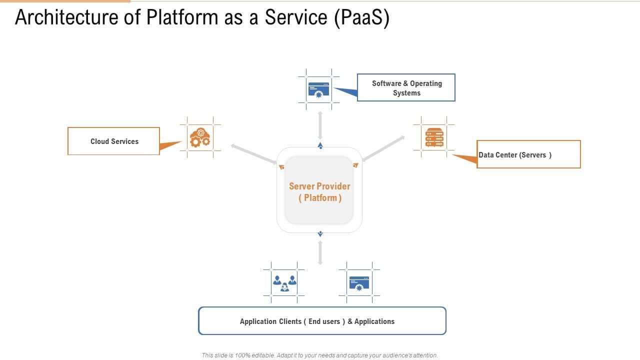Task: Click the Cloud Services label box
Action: (113, 141)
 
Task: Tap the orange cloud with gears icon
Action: (200, 137)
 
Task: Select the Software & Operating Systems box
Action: (406, 87)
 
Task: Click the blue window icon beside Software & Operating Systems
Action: (319, 89)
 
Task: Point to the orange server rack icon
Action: (434, 137)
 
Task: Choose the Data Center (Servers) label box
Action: (528, 154)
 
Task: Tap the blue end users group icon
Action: (284, 282)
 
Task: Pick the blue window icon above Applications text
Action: (359, 282)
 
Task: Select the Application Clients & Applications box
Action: (322, 321)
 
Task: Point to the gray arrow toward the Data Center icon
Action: (383, 148)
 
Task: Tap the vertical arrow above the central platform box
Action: (320, 125)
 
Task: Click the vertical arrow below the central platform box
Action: (320, 252)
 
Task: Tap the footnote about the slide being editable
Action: (320, 355)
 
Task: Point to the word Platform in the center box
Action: (320, 198)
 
